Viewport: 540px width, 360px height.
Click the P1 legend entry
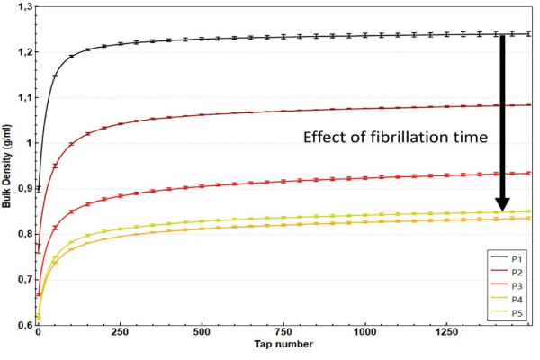click(506, 258)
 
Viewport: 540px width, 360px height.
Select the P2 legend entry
click(506, 272)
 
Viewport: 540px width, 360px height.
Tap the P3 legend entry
click(506, 286)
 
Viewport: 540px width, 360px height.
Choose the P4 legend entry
click(506, 300)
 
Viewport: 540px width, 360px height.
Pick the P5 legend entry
click(506, 313)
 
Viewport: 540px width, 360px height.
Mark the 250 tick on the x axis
click(120, 332)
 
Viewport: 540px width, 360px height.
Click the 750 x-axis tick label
click(283, 332)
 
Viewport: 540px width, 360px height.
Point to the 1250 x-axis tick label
click(446, 332)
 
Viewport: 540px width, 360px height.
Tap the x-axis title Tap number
click(283, 344)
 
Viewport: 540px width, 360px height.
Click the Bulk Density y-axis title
click(6, 166)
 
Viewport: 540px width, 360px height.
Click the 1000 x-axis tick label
click(364, 332)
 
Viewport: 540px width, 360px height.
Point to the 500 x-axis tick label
click(202, 332)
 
